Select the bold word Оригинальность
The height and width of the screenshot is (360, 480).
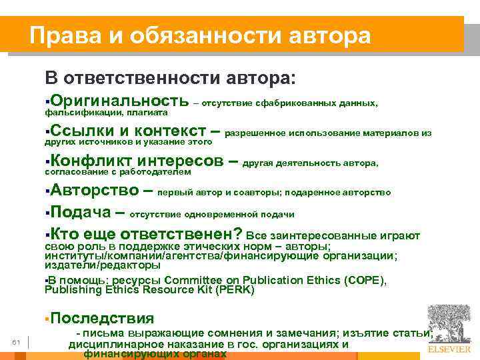point(119,101)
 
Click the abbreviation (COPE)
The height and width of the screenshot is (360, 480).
point(364,280)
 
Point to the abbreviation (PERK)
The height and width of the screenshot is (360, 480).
point(233,290)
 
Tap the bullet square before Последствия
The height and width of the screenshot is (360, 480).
point(47,319)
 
